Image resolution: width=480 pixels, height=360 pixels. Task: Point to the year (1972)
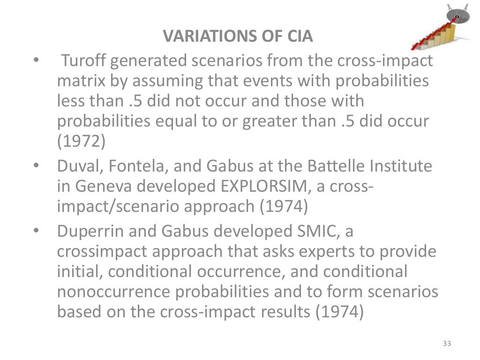[81, 141]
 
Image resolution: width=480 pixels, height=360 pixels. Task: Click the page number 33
[446, 345]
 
